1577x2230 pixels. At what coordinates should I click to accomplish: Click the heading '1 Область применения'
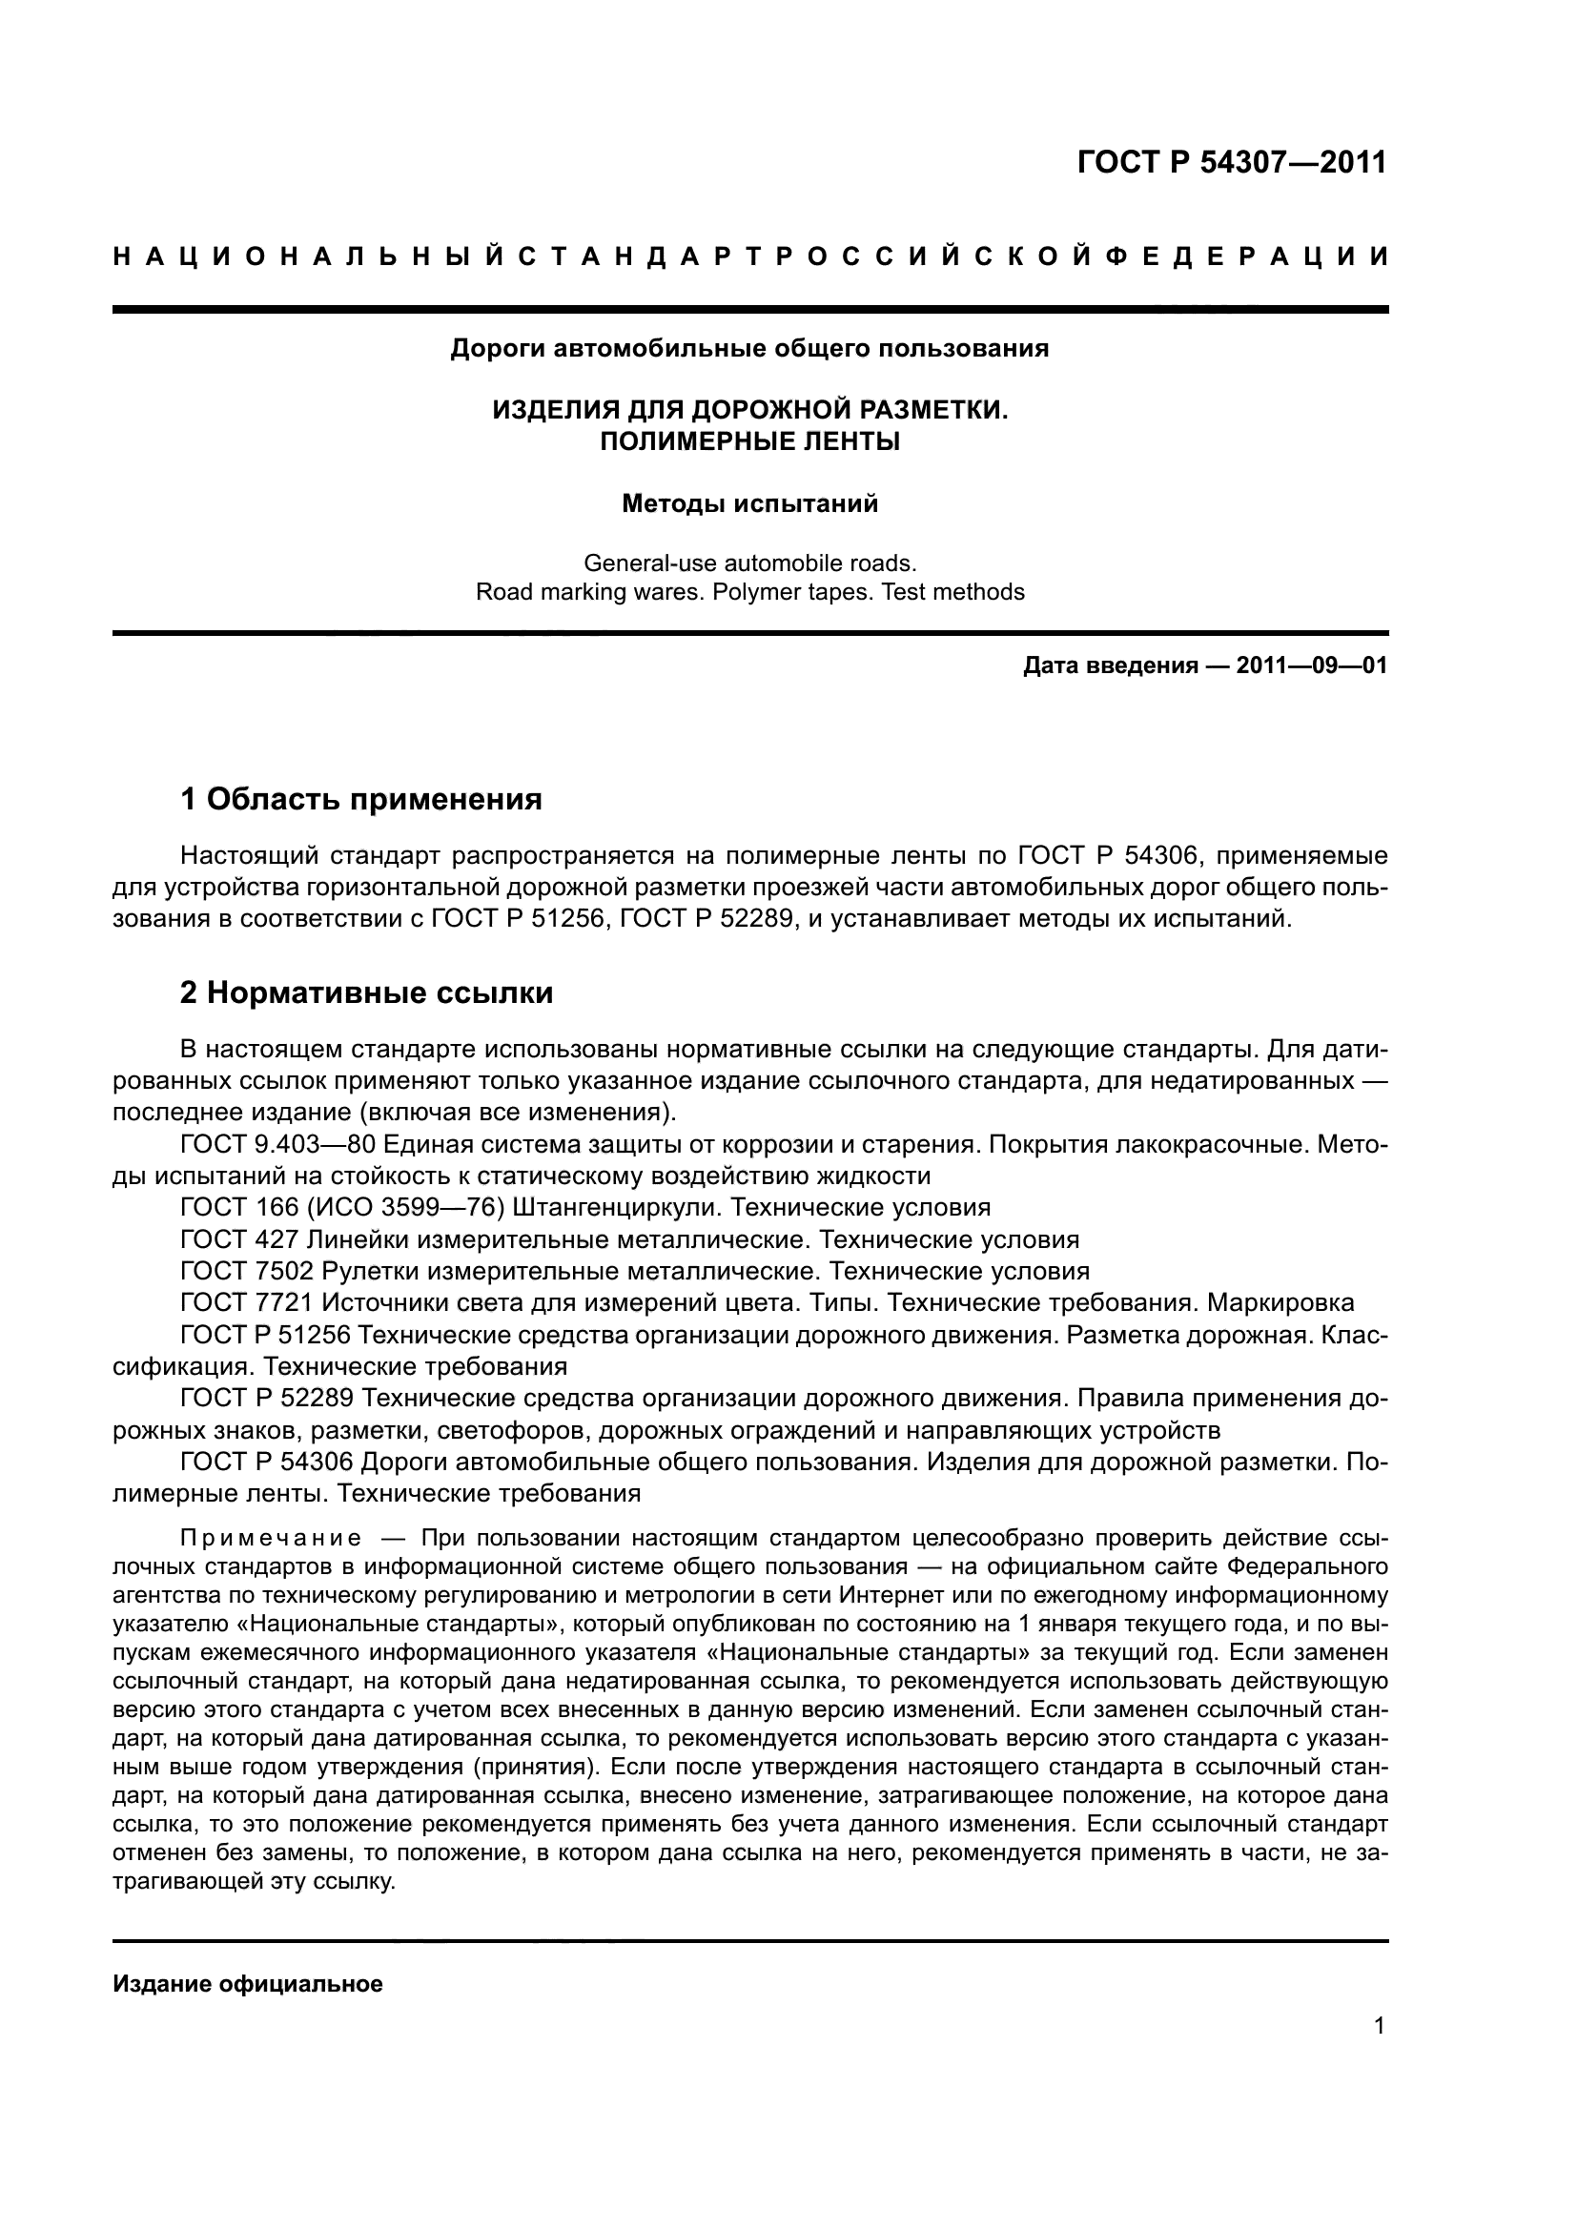(x=361, y=799)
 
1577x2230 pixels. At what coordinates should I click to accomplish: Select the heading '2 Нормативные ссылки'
(x=367, y=992)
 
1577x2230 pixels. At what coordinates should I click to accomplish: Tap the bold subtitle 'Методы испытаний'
(x=749, y=504)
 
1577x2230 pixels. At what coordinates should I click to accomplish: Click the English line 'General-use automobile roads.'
(x=749, y=563)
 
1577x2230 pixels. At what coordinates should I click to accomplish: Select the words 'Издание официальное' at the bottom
(x=248, y=1984)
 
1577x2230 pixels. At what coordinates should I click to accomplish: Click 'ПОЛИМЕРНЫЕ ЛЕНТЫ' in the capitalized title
(x=749, y=442)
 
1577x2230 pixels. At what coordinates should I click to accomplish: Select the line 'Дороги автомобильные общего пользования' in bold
(x=749, y=349)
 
